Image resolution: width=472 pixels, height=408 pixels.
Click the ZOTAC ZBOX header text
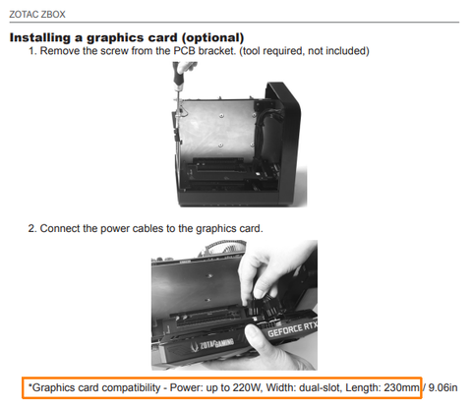[37, 15]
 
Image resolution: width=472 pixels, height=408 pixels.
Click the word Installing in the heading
[40, 37]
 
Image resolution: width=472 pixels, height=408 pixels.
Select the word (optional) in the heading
[212, 37]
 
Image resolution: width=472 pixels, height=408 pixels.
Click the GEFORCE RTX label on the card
[292, 329]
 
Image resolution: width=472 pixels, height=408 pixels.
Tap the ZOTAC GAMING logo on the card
[213, 345]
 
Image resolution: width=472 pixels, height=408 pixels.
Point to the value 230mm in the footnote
[401, 387]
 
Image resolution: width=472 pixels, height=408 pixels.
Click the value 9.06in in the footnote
[442, 387]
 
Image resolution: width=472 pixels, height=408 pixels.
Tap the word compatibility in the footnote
[130, 388]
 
